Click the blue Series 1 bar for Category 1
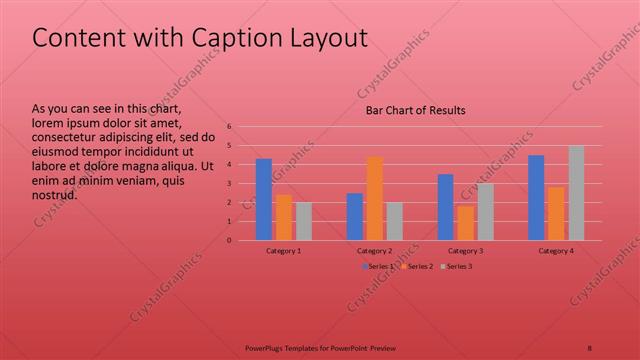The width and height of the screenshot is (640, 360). point(264,200)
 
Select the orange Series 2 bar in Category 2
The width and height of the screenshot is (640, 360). point(375,198)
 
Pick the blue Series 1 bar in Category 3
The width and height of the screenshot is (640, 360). point(446,207)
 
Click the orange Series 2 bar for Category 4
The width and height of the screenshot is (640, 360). point(556,214)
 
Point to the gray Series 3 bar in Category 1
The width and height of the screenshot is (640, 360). point(303,221)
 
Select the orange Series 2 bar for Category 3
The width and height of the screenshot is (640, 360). point(465,223)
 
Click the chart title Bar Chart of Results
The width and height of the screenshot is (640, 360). point(414,111)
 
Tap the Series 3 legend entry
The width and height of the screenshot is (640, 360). point(457,266)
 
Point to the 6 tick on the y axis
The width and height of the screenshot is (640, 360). point(229,127)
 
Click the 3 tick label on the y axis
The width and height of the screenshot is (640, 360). point(229,184)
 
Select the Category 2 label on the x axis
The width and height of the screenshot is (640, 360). point(374,250)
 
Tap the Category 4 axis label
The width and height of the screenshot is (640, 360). point(556,250)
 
